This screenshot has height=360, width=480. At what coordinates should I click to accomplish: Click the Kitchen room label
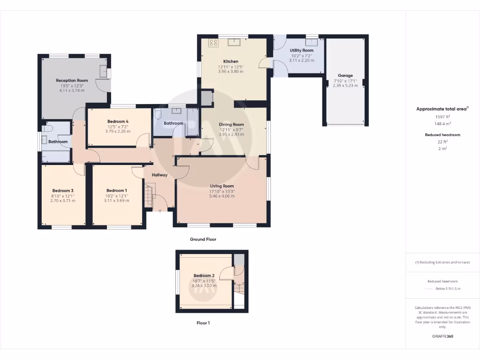click(x=231, y=61)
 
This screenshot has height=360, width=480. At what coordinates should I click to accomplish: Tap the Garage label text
click(x=345, y=75)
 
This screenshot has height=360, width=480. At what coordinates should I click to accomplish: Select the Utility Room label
click(x=301, y=50)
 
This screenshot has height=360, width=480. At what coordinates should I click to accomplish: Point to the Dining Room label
click(x=232, y=124)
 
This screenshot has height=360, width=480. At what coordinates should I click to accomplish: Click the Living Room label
click(x=222, y=186)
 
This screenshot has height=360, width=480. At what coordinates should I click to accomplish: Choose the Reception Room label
click(x=72, y=81)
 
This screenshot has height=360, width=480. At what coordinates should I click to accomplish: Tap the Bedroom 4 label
click(x=118, y=121)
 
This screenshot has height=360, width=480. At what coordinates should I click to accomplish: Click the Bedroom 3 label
click(x=63, y=190)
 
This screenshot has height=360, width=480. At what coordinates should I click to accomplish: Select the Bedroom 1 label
click(x=116, y=190)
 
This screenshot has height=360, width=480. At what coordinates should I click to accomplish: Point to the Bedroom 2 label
click(x=204, y=275)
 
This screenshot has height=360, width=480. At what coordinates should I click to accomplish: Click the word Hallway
click(x=159, y=175)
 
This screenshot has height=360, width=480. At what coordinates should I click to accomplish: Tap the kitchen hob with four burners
click(x=213, y=43)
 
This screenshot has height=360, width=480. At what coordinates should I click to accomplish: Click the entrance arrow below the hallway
click(x=160, y=211)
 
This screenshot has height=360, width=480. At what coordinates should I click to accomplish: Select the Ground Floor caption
click(x=203, y=239)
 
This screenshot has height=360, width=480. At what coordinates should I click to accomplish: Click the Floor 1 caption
click(x=203, y=323)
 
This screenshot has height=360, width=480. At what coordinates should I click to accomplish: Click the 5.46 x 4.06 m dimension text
click(x=222, y=196)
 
